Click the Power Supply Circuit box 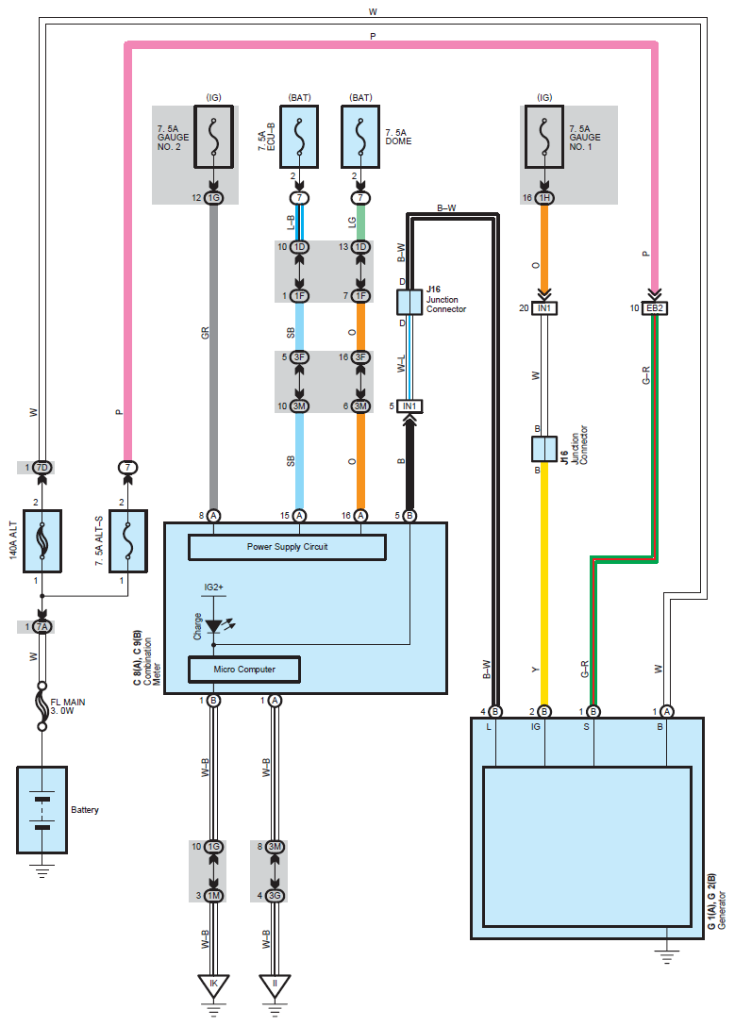pyautogui.click(x=288, y=547)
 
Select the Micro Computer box pyautogui.click(x=244, y=670)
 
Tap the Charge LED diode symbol pyautogui.click(x=214, y=626)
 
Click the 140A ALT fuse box pyautogui.click(x=42, y=541)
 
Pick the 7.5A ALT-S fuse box pyautogui.click(x=128, y=541)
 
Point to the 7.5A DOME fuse pyautogui.click(x=360, y=137)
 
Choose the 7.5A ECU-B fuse pyautogui.click(x=299, y=137)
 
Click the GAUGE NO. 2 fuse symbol pyautogui.click(x=214, y=137)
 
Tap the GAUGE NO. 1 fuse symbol pyautogui.click(x=543, y=137)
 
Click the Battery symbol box pyautogui.click(x=42, y=810)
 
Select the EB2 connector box pyautogui.click(x=655, y=308)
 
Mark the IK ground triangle pyautogui.click(x=213, y=985)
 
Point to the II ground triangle pyautogui.click(x=275, y=985)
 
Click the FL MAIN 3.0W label pyautogui.click(x=67, y=706)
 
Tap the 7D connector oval pyautogui.click(x=42, y=467)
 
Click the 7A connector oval pyautogui.click(x=42, y=627)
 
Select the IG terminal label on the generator pyautogui.click(x=535, y=727)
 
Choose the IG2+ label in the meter pyautogui.click(x=213, y=587)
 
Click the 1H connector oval pyautogui.click(x=543, y=198)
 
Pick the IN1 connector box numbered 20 pyautogui.click(x=543, y=308)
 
